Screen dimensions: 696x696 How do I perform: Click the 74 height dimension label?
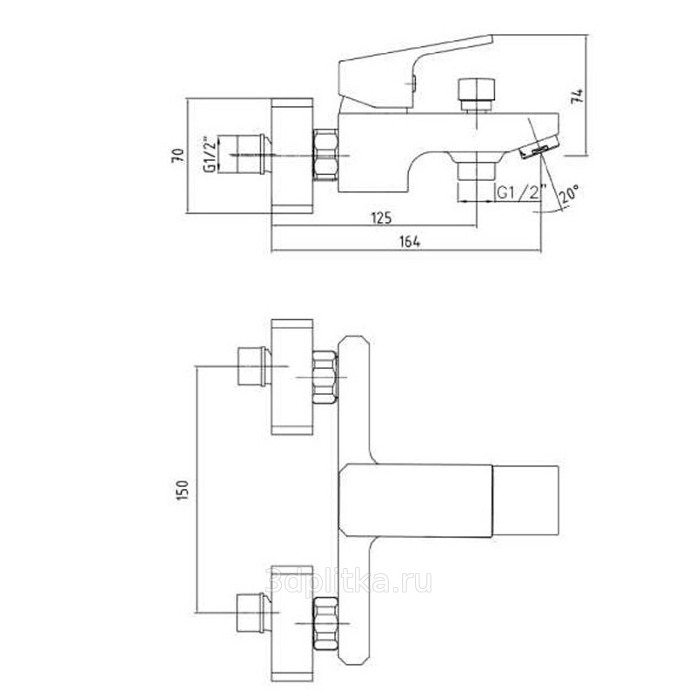tap(578, 97)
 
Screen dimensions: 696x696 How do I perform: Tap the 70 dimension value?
tap(178, 156)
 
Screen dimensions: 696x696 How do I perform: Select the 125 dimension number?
tap(381, 218)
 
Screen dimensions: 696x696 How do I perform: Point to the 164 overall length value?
tap(410, 242)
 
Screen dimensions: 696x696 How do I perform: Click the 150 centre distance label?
tap(183, 490)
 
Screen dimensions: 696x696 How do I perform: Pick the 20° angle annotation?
tap(569, 193)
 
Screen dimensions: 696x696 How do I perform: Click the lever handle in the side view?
tap(415, 71)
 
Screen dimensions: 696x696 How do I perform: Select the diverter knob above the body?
tap(476, 94)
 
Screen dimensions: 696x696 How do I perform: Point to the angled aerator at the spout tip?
tap(539, 147)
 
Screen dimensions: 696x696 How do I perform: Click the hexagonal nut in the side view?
tap(325, 155)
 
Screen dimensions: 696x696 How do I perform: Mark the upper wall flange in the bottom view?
tap(292, 377)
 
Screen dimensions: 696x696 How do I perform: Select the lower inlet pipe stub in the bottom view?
tap(253, 613)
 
